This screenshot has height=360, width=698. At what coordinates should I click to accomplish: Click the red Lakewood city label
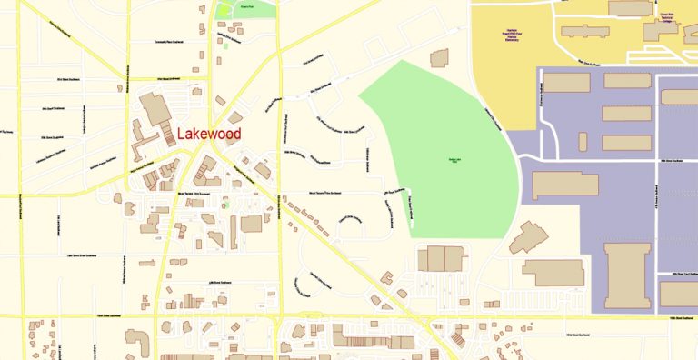pyautogui.click(x=209, y=134)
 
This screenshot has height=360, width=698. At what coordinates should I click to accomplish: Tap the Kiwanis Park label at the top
pyautogui.click(x=245, y=6)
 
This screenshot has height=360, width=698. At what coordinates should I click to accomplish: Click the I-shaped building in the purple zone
pyautogui.click(x=627, y=275)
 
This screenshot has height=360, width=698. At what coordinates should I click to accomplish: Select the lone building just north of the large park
pyautogui.click(x=439, y=58)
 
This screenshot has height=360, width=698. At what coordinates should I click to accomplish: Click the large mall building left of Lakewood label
pyautogui.click(x=155, y=110)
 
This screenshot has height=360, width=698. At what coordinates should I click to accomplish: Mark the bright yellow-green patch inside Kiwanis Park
pyautogui.click(x=224, y=11)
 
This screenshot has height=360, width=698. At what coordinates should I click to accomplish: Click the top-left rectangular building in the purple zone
pyautogui.click(x=566, y=82)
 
